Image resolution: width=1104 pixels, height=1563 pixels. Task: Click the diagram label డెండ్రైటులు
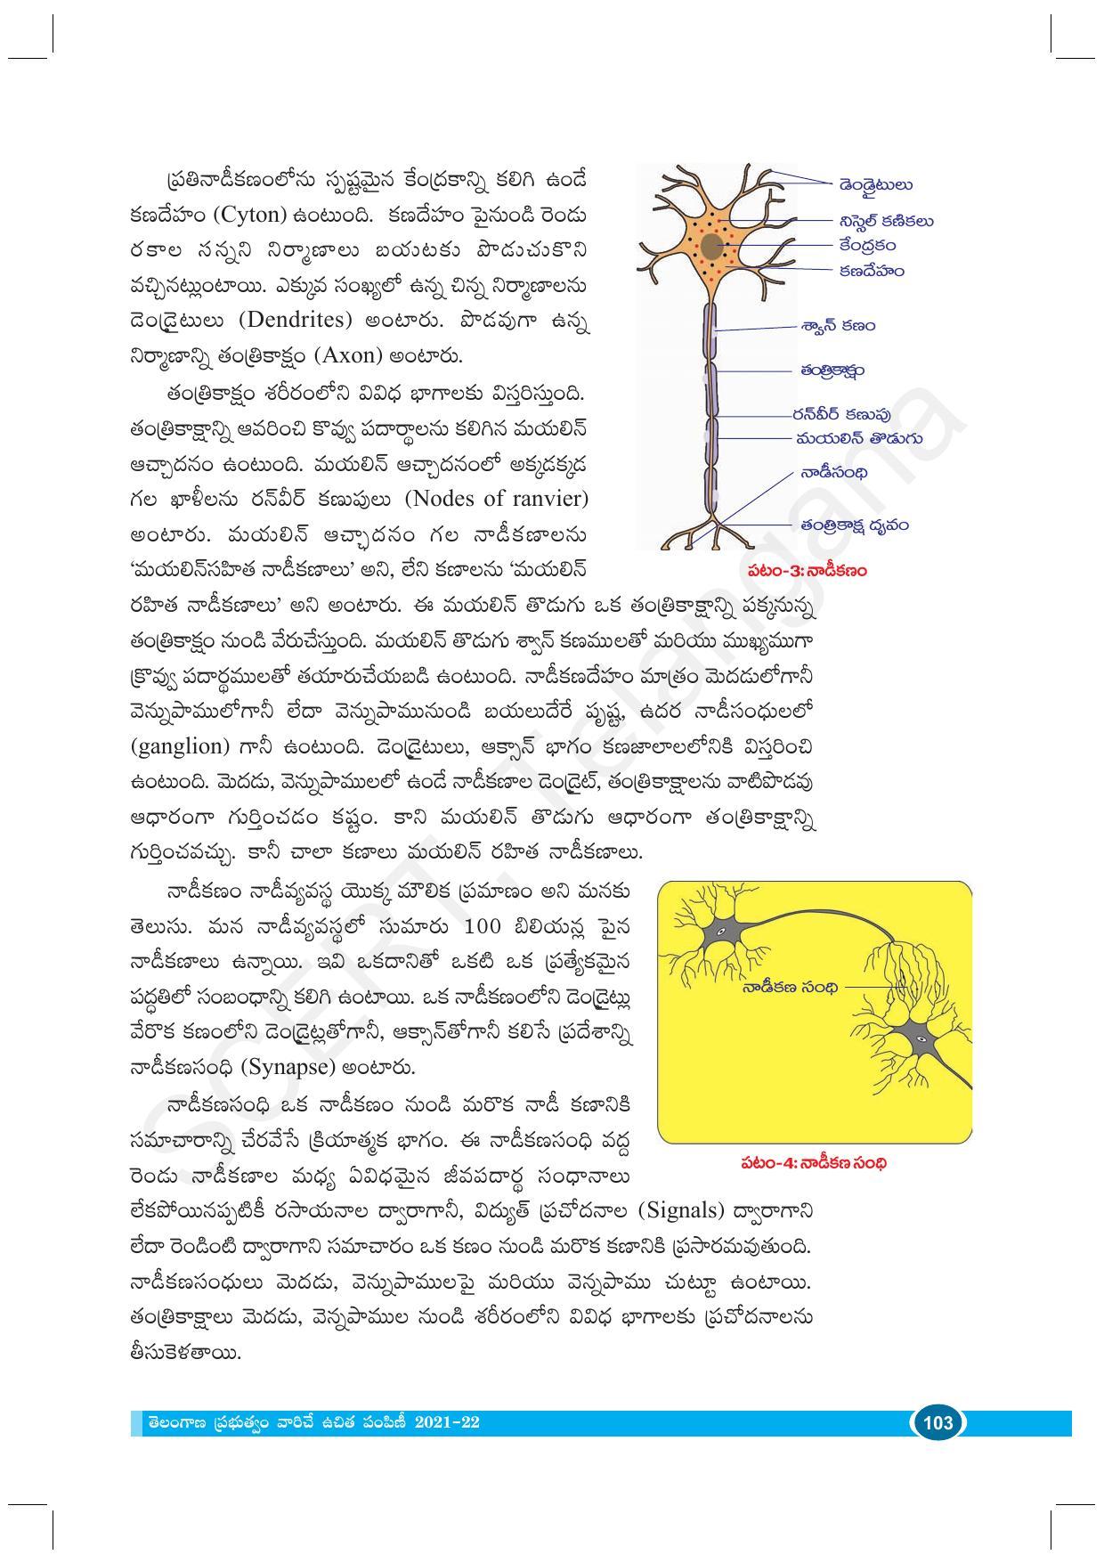coord(875,185)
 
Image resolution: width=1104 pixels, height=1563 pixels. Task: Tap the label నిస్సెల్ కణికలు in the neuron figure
coord(885,222)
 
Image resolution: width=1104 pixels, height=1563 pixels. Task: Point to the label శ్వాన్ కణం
coord(837,326)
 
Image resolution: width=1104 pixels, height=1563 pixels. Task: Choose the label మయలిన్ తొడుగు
coord(858,438)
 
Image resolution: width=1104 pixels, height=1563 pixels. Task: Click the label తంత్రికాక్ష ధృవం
coord(853,525)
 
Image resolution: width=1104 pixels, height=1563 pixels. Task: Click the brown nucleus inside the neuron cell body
coord(710,245)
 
